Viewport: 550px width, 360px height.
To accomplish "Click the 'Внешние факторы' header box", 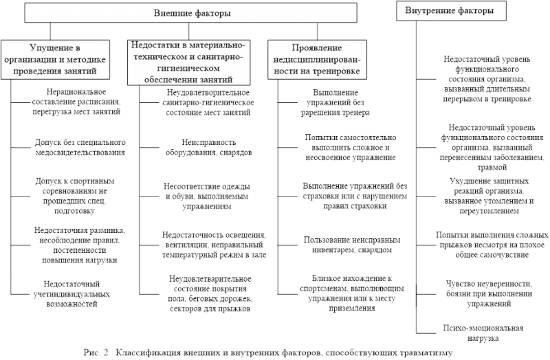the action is click(191, 13).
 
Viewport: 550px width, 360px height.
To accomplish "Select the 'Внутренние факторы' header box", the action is click(451, 10).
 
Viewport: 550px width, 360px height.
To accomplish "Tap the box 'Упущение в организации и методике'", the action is click(55, 60).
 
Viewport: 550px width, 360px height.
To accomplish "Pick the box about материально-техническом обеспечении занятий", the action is click(188, 63).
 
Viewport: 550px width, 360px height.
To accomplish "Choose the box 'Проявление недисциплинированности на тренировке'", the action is click(317, 60).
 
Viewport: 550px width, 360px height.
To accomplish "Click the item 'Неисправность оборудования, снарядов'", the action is click(209, 148).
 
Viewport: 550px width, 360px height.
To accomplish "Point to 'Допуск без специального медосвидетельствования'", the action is click(80, 148).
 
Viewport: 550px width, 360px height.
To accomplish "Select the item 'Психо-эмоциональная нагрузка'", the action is click(483, 333).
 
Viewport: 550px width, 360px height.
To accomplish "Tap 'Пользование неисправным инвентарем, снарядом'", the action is click(352, 245).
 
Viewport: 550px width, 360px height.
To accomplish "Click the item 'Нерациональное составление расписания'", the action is click(76, 102).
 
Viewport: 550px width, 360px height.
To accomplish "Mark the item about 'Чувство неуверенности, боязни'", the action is click(489, 294).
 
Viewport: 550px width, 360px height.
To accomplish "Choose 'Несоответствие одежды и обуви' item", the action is click(207, 196).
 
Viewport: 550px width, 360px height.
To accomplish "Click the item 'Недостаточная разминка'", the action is click(80, 245).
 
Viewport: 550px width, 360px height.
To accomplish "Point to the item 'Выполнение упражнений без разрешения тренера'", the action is click(335, 102).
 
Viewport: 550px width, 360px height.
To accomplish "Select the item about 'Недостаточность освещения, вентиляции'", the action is click(214, 245).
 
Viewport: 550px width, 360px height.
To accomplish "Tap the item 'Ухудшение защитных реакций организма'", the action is click(489, 196).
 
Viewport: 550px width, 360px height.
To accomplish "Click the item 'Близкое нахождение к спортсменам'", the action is click(352, 293).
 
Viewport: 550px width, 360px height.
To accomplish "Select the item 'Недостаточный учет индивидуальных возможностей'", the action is click(71, 294).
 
